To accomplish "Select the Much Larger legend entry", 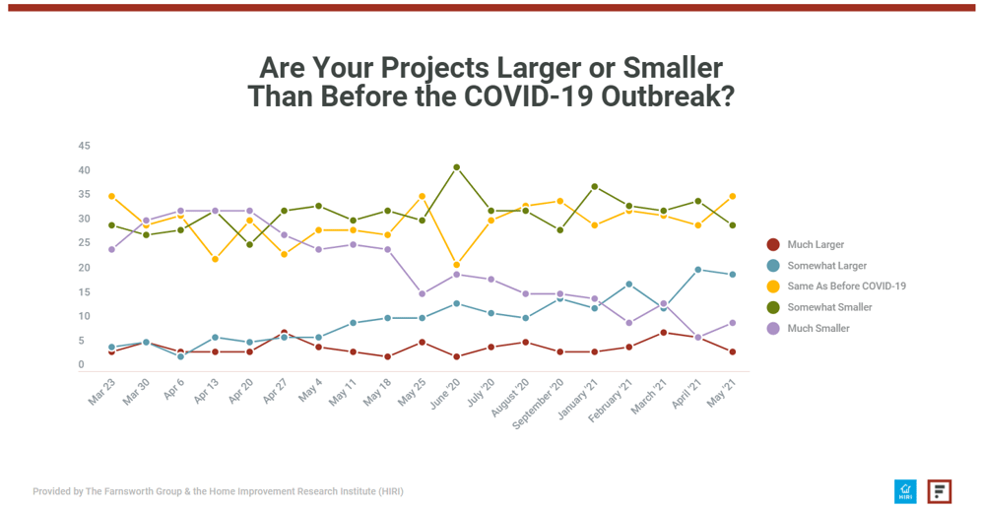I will [816, 244].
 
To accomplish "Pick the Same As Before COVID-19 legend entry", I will [846, 286].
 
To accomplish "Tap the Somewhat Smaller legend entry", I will [829, 307].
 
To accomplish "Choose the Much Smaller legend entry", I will [817, 328].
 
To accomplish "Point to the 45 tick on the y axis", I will [84, 146].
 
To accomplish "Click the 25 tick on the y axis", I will [84, 243].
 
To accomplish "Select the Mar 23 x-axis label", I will [100, 389].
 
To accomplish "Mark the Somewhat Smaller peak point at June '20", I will [456, 167].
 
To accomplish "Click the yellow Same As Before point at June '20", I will [456, 265].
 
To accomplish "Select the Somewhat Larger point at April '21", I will [698, 270].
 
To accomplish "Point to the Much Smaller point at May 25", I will [422, 293].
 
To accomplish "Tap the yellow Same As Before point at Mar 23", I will [111, 197].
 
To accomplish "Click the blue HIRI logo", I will [905, 491].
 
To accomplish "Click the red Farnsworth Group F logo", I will [940, 491].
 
